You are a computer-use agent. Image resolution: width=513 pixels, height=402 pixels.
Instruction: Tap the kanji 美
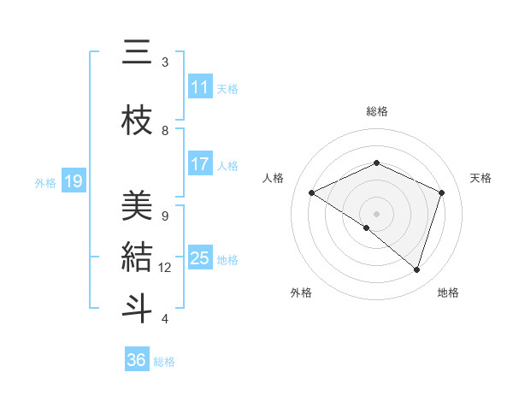click(137, 206)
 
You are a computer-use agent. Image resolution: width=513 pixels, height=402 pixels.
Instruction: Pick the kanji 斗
click(137, 307)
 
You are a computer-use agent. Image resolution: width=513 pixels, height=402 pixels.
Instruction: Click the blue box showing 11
click(199, 87)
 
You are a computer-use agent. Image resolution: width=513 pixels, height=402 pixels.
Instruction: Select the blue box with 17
click(199, 164)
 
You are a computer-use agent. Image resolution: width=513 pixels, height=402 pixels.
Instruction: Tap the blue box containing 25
click(199, 258)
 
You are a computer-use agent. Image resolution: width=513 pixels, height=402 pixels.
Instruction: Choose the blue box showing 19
click(74, 181)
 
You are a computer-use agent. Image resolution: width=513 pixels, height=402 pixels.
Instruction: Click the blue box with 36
click(137, 360)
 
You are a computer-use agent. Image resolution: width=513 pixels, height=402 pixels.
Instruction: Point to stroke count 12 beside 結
click(165, 268)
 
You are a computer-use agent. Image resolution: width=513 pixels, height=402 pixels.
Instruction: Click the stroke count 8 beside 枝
click(165, 131)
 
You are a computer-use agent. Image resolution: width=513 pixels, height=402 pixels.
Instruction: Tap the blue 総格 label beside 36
click(164, 362)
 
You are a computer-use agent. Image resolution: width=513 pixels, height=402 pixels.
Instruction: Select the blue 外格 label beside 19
click(44, 182)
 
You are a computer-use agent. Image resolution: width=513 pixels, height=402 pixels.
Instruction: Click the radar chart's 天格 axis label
click(481, 178)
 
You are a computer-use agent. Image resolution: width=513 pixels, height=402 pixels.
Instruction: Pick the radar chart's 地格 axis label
click(448, 293)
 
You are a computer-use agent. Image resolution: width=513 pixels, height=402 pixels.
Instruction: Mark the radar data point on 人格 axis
click(312, 192)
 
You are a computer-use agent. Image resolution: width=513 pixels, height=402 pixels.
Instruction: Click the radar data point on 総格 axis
click(376, 163)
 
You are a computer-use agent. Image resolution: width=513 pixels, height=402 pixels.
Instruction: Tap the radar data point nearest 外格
click(367, 228)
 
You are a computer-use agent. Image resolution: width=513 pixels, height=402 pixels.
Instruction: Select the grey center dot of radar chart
click(376, 213)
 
